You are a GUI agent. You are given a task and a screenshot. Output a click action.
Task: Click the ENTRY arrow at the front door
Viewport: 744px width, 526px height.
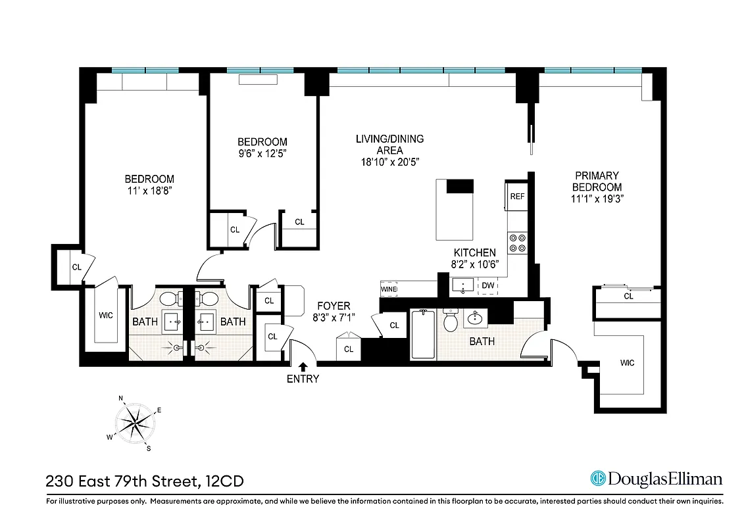click(x=303, y=366)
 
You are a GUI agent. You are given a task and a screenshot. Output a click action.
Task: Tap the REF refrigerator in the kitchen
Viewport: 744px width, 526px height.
click(x=517, y=197)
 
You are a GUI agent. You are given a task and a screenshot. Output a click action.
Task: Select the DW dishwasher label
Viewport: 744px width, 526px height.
click(x=487, y=285)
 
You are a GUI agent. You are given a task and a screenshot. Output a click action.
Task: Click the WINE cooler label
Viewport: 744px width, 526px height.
click(x=389, y=289)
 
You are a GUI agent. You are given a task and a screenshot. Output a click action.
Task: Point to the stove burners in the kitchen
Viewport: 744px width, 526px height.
click(x=517, y=243)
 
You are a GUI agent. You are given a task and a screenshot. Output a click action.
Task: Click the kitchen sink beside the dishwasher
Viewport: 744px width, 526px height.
click(x=464, y=285)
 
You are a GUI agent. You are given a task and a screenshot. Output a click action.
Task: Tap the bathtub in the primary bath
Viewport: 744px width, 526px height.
click(x=423, y=335)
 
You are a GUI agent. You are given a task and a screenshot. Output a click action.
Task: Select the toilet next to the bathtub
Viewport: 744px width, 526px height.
click(x=451, y=322)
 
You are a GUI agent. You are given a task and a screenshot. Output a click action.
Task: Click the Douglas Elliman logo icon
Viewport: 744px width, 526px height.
click(x=597, y=479)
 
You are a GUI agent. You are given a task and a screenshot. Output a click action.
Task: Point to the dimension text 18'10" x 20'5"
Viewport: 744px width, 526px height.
click(x=389, y=161)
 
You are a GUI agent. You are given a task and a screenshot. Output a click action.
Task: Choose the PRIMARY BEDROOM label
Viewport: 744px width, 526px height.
click(x=597, y=181)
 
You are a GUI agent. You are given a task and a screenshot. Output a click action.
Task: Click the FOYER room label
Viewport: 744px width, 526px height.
click(x=334, y=306)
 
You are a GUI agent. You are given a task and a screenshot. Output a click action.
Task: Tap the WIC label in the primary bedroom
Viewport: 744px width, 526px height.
click(x=627, y=363)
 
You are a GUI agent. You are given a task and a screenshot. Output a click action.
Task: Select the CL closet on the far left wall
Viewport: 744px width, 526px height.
click(x=76, y=267)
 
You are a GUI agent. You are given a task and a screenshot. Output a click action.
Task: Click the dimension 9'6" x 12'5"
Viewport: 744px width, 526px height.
click(x=262, y=153)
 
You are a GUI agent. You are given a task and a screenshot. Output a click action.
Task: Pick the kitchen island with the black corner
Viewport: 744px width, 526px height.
click(x=454, y=210)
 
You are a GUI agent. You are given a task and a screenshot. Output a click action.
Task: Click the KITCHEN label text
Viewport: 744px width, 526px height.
click(x=474, y=252)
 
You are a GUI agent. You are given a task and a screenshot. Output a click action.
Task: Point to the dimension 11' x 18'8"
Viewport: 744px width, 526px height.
click(x=149, y=191)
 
